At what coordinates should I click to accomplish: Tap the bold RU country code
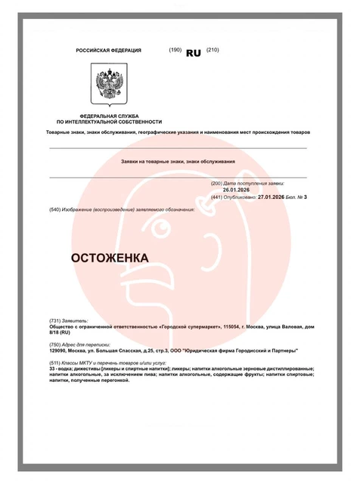[194, 52]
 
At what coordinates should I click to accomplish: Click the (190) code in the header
[175, 50]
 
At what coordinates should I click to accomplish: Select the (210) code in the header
[212, 50]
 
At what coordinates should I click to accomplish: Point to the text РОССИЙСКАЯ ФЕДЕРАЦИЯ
[108, 51]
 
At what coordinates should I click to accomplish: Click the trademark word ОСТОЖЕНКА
[110, 258]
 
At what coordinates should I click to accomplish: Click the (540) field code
[55, 208]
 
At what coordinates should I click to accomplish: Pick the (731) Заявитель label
[69, 321]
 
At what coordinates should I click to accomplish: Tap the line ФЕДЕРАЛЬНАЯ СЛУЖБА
[109, 116]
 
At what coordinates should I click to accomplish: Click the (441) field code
[216, 196]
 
